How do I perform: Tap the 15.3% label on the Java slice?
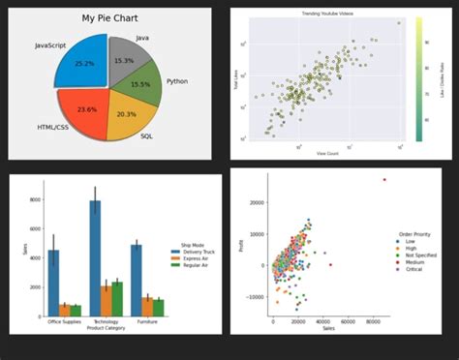125,60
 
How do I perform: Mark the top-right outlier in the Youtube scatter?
398,22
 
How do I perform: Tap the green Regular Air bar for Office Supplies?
76,311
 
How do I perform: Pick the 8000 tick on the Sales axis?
34,199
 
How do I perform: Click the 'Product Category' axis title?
107,328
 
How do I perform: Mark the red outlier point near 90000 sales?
384,179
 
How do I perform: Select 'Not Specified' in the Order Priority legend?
423,256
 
